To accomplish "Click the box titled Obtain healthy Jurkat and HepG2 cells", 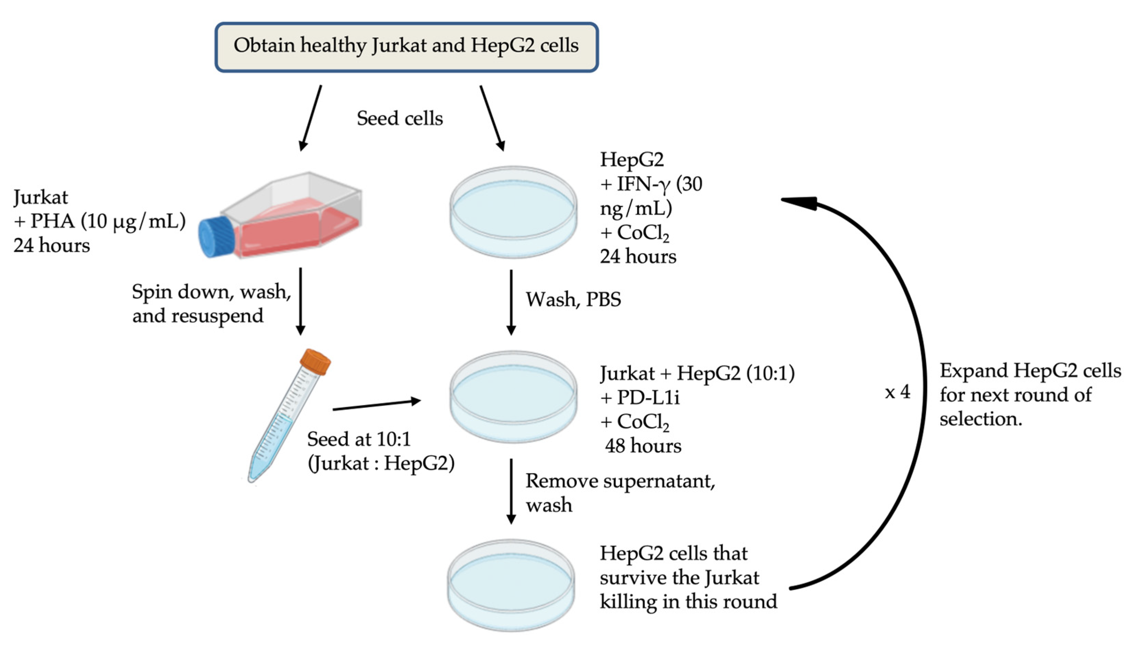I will (406, 47).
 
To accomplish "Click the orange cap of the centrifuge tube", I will (315, 362).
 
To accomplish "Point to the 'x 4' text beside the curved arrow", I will (897, 392).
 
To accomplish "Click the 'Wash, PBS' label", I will (573, 299).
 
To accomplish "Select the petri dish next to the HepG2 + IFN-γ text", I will (513, 212).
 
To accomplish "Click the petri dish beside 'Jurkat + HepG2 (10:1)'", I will (513, 397).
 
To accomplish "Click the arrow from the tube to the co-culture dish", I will (377, 404).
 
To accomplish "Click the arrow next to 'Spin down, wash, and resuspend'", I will (300, 301).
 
